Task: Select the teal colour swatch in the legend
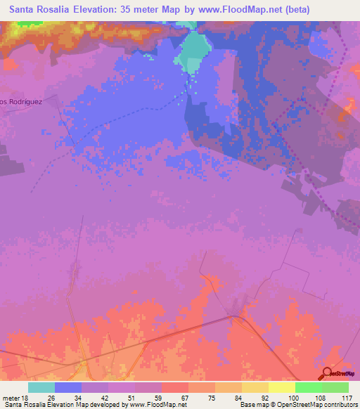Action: pyautogui.click(x=41, y=387)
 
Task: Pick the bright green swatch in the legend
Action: pyautogui.click(x=308, y=387)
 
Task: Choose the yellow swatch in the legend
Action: pyautogui.click(x=281, y=387)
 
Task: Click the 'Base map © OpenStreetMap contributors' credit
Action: pyautogui.click(x=297, y=405)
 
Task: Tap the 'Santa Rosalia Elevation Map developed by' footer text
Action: pyautogui.click(x=67, y=405)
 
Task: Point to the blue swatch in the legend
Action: pyautogui.click(x=68, y=387)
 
